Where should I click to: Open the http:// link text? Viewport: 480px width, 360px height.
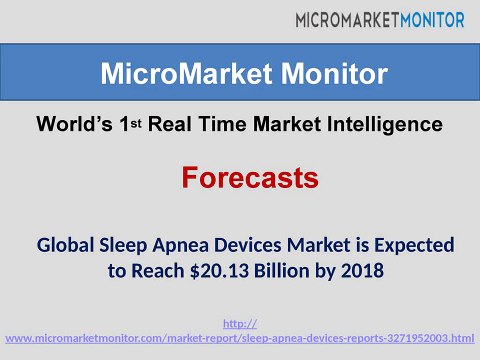(239, 323)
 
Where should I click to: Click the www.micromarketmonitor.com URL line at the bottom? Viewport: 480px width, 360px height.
(240, 340)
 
